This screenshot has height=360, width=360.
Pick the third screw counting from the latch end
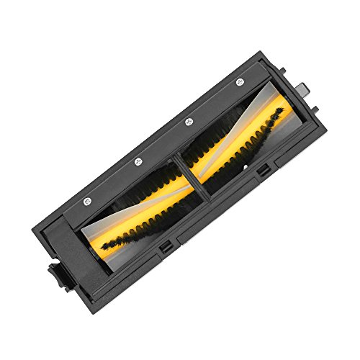pyautogui.click(x=188, y=122)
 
